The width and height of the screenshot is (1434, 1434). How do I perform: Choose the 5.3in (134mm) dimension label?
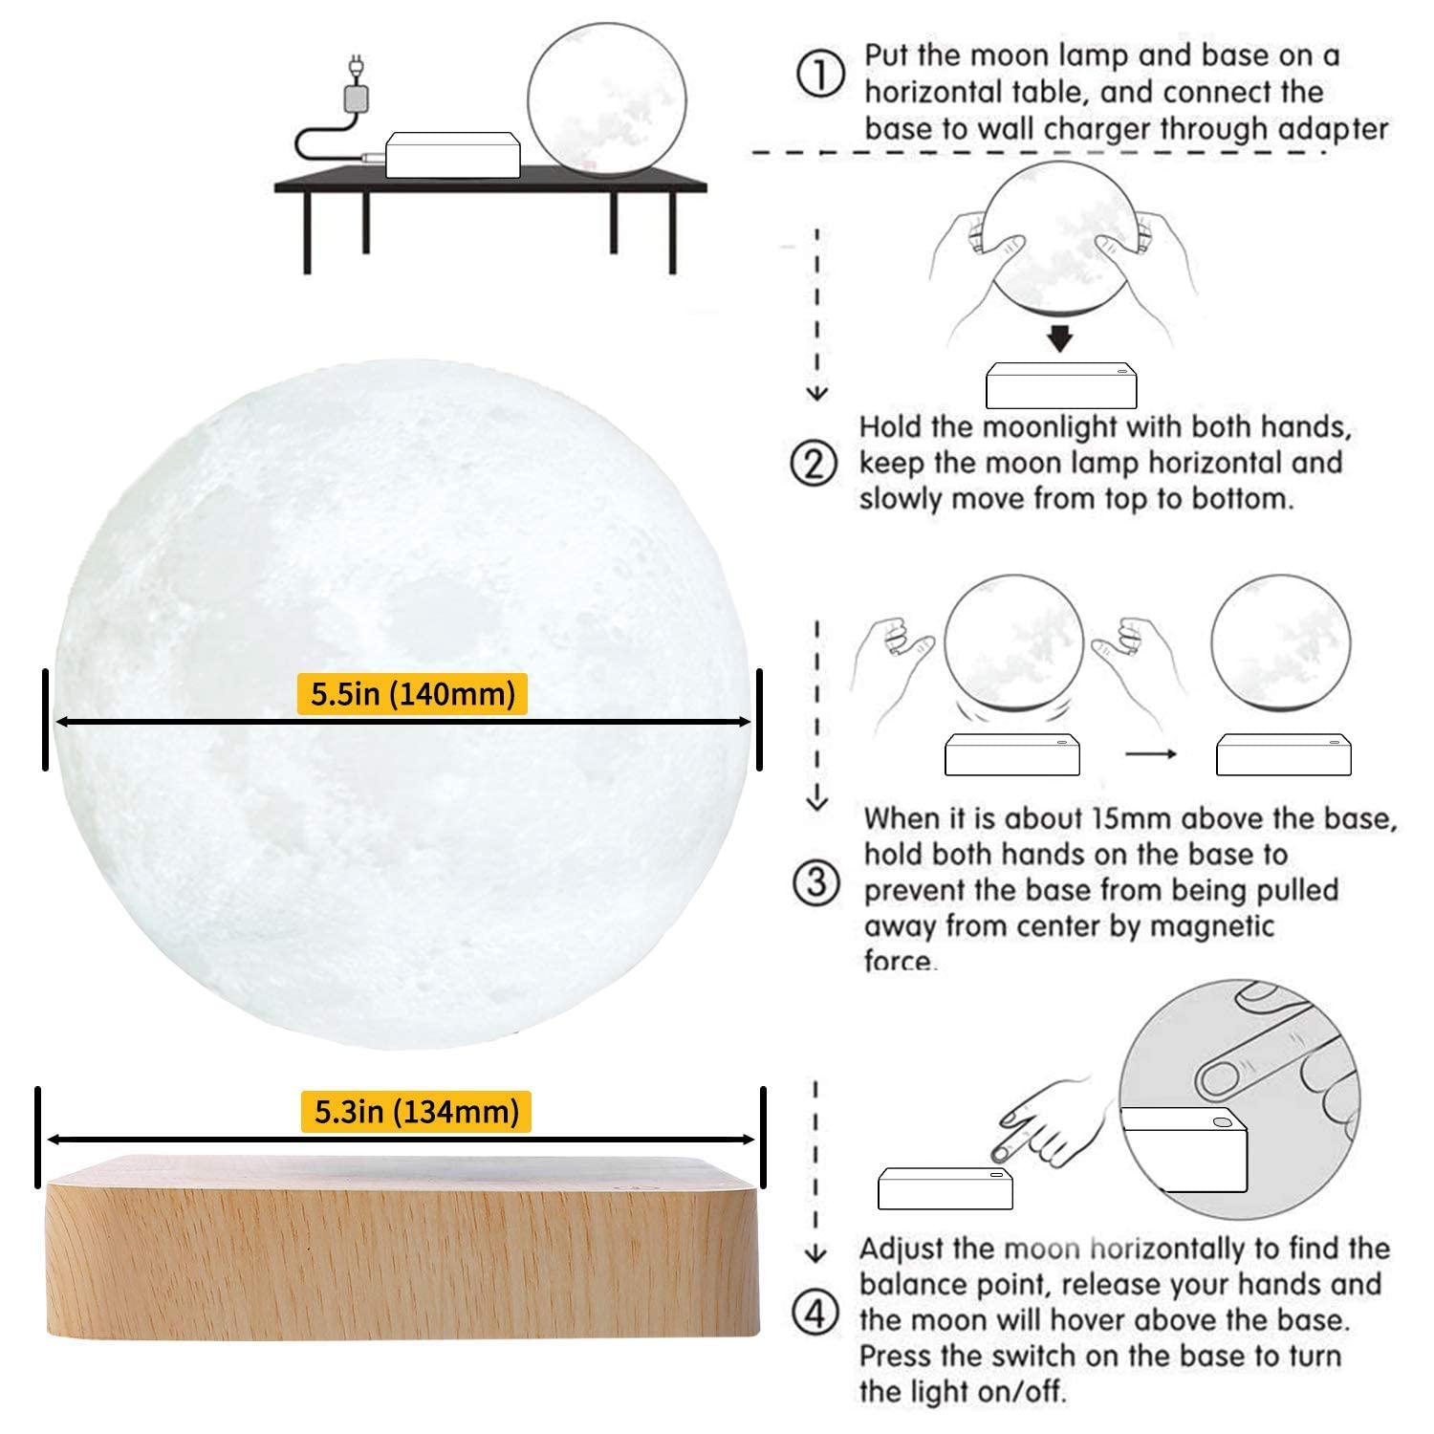[416, 1112]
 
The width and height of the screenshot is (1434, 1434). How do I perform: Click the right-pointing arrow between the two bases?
[1149, 753]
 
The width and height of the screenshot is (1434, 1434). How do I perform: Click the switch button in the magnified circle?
[1222, 1121]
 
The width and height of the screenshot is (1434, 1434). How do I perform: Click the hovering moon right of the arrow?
[1280, 644]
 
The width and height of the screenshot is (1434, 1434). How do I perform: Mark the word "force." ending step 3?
[900, 960]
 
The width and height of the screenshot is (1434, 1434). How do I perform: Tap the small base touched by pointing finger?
[945, 1187]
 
